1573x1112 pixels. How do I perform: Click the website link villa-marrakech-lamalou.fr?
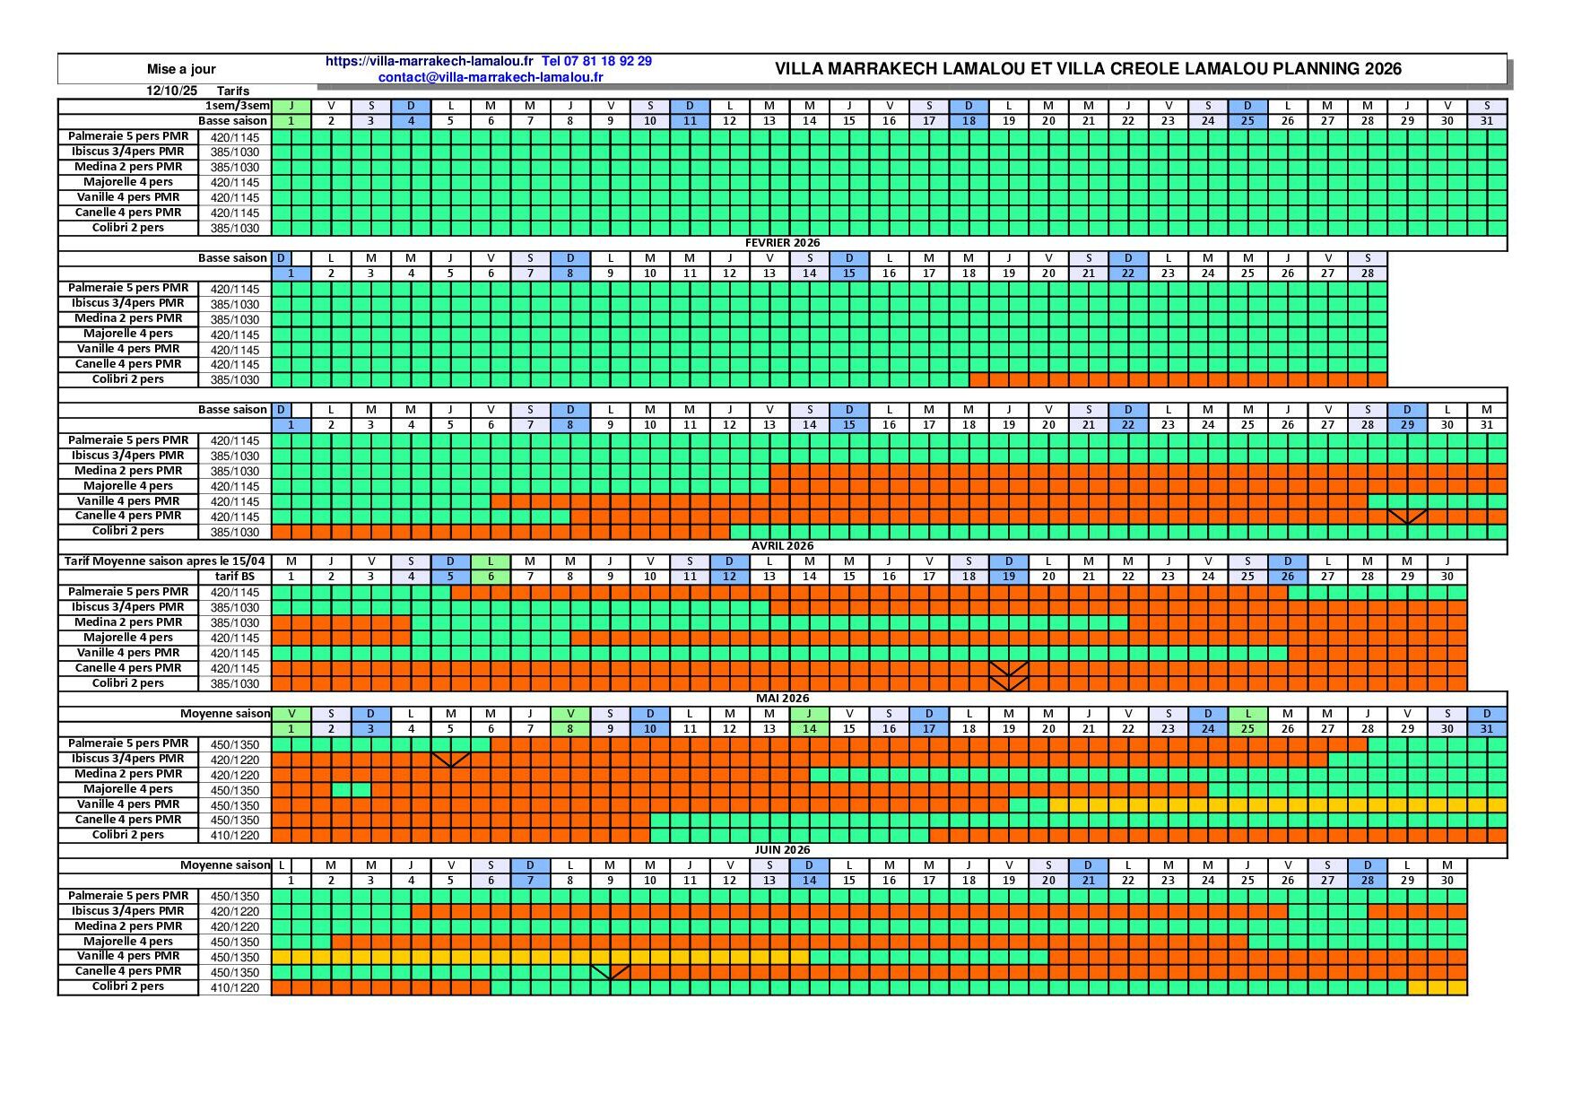pyautogui.click(x=429, y=61)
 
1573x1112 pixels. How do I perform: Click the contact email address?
pyautogui.click(x=491, y=77)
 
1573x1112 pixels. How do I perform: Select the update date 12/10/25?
pyautogui.click(x=171, y=91)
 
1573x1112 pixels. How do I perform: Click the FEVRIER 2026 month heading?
pyautogui.click(x=782, y=243)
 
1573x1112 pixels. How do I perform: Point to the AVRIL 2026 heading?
pyautogui.click(x=782, y=546)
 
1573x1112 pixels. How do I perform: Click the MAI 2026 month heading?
pyautogui.click(x=782, y=698)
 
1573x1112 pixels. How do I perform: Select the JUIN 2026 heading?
pyautogui.click(x=782, y=850)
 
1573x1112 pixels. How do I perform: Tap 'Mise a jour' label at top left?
pyautogui.click(x=181, y=69)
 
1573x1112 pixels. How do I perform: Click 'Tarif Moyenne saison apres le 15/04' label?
pyautogui.click(x=164, y=561)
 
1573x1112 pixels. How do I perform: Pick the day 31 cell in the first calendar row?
pyautogui.click(x=1486, y=121)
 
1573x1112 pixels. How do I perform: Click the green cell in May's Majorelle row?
pyautogui.click(x=351, y=790)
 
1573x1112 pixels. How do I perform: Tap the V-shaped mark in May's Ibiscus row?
pyautogui.click(x=450, y=760)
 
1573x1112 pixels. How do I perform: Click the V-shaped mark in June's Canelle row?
pyautogui.click(x=610, y=972)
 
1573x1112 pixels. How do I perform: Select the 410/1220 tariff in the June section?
pyautogui.click(x=235, y=987)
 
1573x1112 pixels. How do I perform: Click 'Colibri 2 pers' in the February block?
pyautogui.click(x=128, y=379)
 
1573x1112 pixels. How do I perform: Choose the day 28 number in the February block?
pyautogui.click(x=1367, y=274)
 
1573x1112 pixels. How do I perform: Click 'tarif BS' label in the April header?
pyautogui.click(x=235, y=577)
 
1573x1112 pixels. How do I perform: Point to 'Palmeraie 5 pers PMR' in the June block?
pyautogui.click(x=128, y=896)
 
